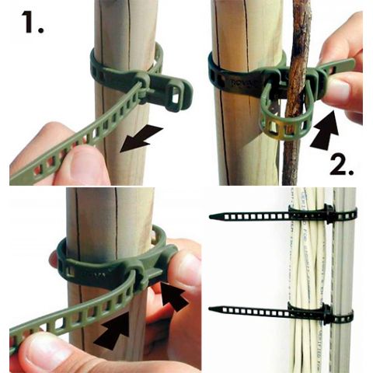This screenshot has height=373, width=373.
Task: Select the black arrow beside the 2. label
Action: pyautogui.click(x=327, y=129)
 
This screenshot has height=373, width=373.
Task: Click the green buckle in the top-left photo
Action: pyautogui.click(x=167, y=89)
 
